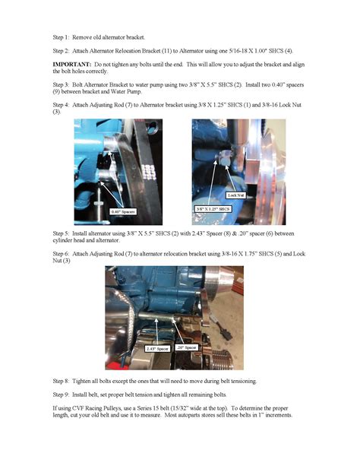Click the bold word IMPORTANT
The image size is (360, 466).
tap(72, 65)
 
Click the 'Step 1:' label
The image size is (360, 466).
tap(61, 37)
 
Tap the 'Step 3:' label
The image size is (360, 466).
tap(61, 84)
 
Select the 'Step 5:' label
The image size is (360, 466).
tap(61, 233)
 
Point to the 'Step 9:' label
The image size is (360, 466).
tap(61, 395)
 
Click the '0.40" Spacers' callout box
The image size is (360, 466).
tap(123, 211)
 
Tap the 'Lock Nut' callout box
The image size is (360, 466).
tap(236, 195)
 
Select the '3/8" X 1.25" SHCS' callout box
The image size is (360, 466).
tap(213, 209)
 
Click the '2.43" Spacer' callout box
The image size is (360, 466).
tap(157, 349)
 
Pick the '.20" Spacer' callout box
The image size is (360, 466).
tap(187, 347)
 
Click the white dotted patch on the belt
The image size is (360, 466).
tap(149, 173)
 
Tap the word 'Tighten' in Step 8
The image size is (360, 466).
tap(81, 381)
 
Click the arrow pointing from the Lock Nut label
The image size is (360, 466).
tap(230, 179)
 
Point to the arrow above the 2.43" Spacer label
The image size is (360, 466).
tap(156, 331)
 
